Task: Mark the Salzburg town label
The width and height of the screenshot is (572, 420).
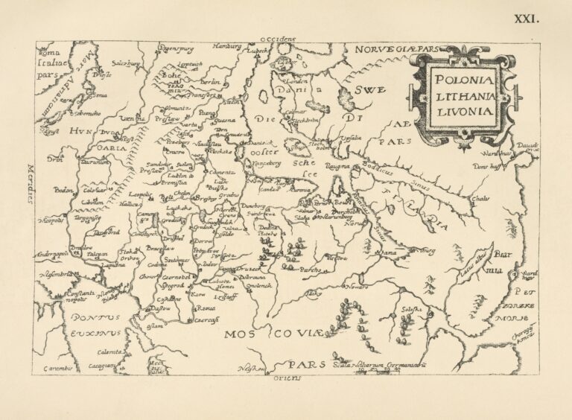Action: pos(126,65)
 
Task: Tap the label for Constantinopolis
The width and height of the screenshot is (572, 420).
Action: pos(77,296)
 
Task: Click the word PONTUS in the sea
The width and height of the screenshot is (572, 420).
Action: pos(96,317)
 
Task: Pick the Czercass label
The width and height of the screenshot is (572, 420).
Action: pos(206,319)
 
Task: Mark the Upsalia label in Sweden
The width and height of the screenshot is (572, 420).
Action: pos(372,137)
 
